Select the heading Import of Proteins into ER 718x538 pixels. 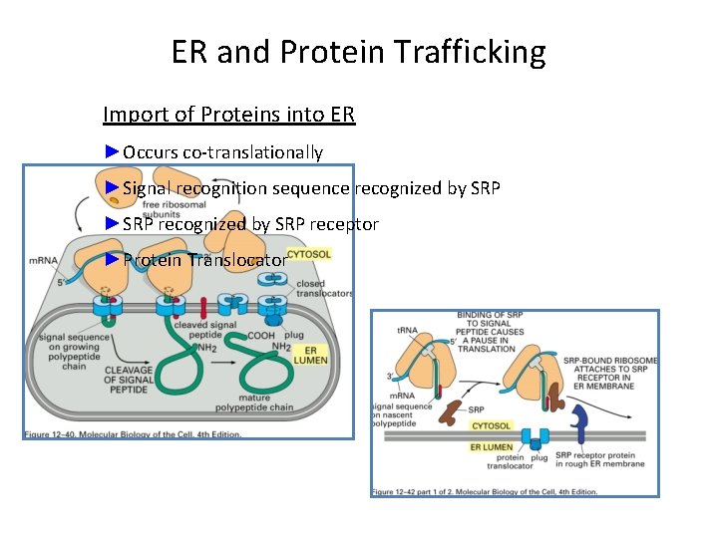coord(228,115)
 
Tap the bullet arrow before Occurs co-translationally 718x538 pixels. coord(111,151)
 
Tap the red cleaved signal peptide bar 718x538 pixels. coord(203,308)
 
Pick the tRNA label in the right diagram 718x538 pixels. coord(406,331)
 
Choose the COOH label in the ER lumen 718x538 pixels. coord(261,336)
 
